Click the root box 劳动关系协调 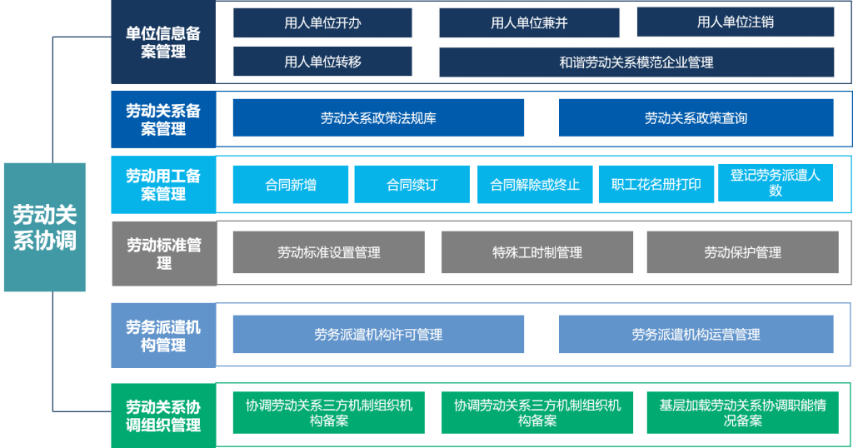[x=45, y=227]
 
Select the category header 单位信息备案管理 [x=163, y=42]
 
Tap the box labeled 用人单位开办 [x=322, y=22]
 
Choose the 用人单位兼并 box [x=529, y=22]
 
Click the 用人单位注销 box [x=736, y=22]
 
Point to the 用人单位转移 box [x=322, y=62]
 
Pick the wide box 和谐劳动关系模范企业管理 [x=636, y=62]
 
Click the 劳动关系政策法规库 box [x=379, y=117]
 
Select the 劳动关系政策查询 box [x=696, y=117]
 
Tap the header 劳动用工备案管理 [x=163, y=185]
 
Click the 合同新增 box [x=291, y=185]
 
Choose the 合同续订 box [x=412, y=185]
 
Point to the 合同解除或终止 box [x=535, y=185]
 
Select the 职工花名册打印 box [x=656, y=184]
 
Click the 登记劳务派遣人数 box [x=776, y=182]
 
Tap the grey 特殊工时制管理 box [x=537, y=252]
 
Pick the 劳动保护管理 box [x=742, y=252]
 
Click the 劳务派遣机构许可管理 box [x=379, y=335]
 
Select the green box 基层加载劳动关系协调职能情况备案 [x=742, y=413]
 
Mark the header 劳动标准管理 [x=164, y=253]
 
